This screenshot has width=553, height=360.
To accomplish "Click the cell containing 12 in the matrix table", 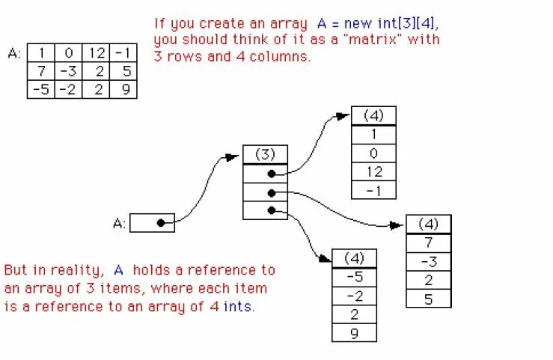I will tap(96, 53).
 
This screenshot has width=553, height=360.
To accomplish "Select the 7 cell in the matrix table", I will tap(41, 72).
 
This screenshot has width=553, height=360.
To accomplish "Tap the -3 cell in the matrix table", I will tap(69, 72).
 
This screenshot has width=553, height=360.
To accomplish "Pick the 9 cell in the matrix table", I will tap(123, 90).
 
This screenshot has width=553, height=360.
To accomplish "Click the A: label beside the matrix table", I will tap(13, 53).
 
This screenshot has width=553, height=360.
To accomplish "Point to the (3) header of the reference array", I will tap(265, 154).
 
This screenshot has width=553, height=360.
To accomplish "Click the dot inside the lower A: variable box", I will tap(160, 222).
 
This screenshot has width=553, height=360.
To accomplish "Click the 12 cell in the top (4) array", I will tap(373, 171).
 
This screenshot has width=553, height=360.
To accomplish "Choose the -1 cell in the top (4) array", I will tap(373, 190).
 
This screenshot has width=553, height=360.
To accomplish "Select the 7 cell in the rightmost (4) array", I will tap(429, 243).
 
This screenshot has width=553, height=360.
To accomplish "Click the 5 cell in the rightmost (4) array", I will tap(429, 298).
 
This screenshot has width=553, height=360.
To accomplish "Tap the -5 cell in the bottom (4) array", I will tap(354, 277).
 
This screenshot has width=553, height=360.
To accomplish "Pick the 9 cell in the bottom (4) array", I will tap(354, 332).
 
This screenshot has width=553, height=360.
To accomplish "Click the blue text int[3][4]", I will tap(403, 24).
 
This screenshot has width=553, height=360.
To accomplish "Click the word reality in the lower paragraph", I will tap(82, 270).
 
